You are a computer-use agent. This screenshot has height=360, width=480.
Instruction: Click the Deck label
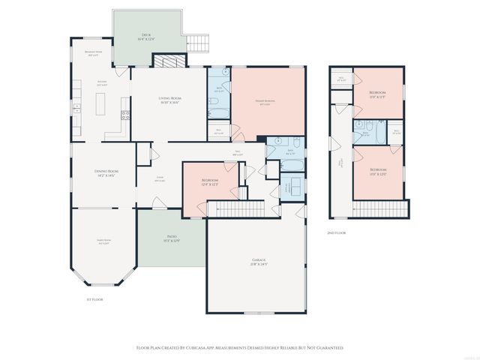point(146,37)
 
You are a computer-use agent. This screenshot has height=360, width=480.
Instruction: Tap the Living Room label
point(169,100)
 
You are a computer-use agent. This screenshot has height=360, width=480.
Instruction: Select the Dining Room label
point(106,174)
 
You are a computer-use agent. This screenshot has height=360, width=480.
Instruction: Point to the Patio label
point(172,239)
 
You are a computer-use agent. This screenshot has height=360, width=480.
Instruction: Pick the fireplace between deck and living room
point(174,62)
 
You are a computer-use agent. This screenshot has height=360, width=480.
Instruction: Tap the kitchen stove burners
point(126,115)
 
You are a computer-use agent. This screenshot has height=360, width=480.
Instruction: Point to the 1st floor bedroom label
point(210,182)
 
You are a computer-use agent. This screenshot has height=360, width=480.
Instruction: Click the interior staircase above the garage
point(236,208)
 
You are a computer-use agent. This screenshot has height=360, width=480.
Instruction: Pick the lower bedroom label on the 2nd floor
point(377,172)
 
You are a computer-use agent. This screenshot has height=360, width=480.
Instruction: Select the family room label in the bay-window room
point(103,242)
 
